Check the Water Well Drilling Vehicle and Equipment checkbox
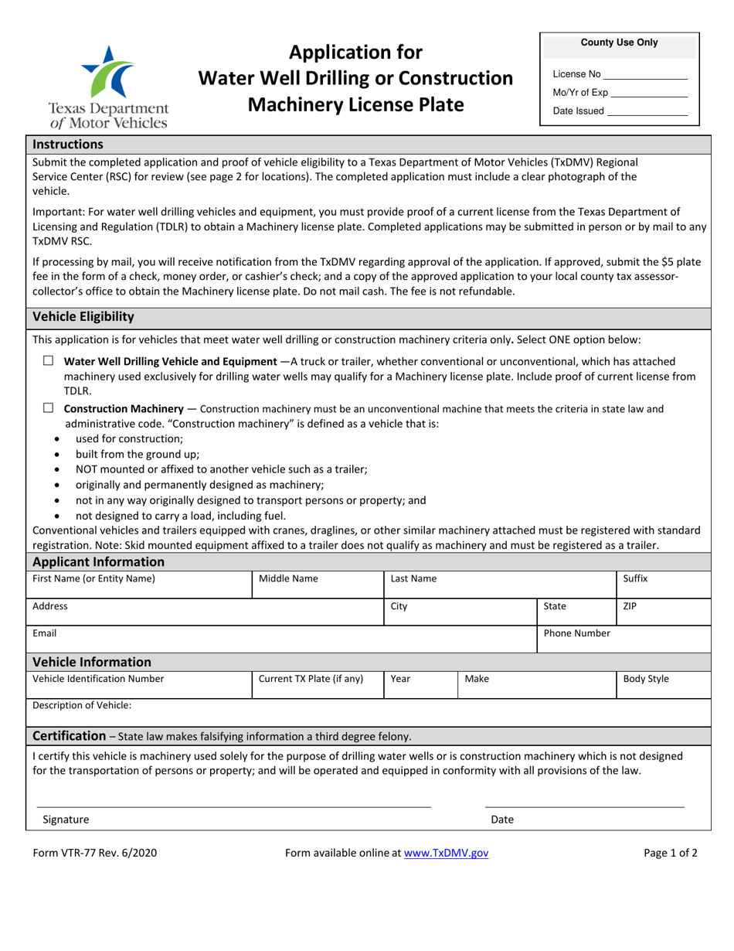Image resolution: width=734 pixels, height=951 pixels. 49,361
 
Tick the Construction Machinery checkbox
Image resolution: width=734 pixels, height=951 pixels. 49,408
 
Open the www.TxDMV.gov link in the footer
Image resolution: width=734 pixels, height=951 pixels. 446,854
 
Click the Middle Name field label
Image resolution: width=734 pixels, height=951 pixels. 288,578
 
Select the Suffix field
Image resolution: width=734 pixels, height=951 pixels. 662,585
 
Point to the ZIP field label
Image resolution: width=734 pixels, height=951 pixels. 630,606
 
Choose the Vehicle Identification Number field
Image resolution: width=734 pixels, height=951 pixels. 139,685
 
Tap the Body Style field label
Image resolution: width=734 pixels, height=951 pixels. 646,679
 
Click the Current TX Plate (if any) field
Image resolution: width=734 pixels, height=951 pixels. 318,685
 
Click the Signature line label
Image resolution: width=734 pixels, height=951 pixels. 66,820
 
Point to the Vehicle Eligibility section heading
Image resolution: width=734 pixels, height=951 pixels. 83,317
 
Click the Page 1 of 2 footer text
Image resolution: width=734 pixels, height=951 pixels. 671,854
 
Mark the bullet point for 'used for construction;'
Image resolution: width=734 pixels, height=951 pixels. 59,438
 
